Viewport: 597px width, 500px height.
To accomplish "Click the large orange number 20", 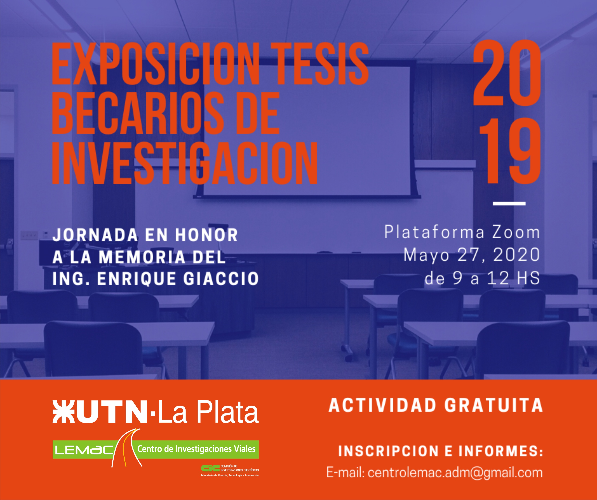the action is click(507, 73).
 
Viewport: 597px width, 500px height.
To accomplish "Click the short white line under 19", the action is click(509, 203).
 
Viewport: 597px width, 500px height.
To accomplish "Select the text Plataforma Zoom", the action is click(462, 232).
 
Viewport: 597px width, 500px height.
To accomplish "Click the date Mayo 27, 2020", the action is click(472, 255).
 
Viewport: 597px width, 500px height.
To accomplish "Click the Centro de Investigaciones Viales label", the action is click(196, 449).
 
